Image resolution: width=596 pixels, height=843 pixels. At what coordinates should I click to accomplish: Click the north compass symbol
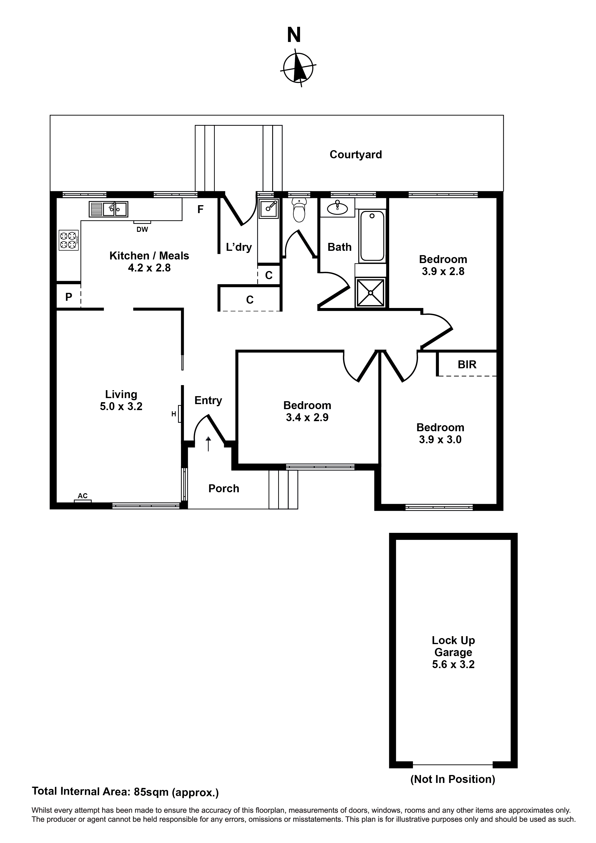click(x=298, y=68)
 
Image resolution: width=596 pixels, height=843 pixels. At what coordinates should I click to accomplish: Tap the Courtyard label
click(x=356, y=154)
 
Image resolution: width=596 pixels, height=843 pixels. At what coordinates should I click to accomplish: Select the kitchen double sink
click(x=108, y=209)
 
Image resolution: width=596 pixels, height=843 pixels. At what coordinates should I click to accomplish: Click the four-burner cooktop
click(x=68, y=240)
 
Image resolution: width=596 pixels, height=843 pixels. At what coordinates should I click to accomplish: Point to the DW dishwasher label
click(x=142, y=229)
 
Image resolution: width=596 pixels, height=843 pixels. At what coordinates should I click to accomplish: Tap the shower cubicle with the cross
click(x=370, y=293)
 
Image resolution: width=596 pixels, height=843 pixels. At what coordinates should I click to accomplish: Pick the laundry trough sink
click(x=268, y=208)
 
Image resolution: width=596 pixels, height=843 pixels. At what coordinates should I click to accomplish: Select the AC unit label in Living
click(x=83, y=496)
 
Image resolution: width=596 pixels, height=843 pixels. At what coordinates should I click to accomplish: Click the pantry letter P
click(x=69, y=297)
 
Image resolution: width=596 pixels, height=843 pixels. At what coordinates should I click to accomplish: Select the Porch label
click(x=224, y=488)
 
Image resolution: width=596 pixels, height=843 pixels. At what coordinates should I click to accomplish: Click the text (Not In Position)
click(x=452, y=779)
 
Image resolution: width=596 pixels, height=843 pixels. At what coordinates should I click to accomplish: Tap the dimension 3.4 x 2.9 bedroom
click(x=307, y=418)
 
